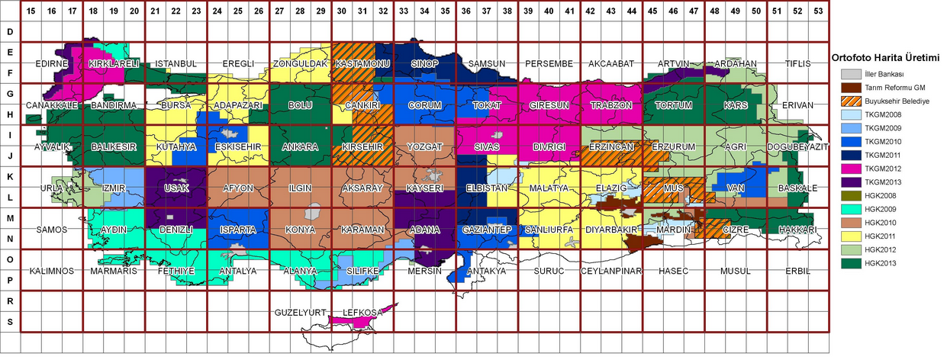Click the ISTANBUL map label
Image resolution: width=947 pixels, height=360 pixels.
[176, 63]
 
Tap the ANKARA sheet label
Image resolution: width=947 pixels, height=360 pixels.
[301, 146]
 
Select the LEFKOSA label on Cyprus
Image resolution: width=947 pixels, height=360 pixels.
[362, 312]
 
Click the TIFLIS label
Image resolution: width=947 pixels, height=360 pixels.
[797, 63]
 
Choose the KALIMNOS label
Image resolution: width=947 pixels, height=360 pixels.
[51, 271]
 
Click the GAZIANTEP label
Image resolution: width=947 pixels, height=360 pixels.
[487, 230]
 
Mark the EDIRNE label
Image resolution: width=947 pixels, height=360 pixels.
[52, 63]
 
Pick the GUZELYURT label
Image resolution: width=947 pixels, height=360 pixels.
[301, 312]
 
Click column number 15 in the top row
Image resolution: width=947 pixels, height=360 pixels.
[31, 11]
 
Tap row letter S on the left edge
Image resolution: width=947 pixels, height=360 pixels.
[10, 322]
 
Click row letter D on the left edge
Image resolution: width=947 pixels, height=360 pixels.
[10, 32]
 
